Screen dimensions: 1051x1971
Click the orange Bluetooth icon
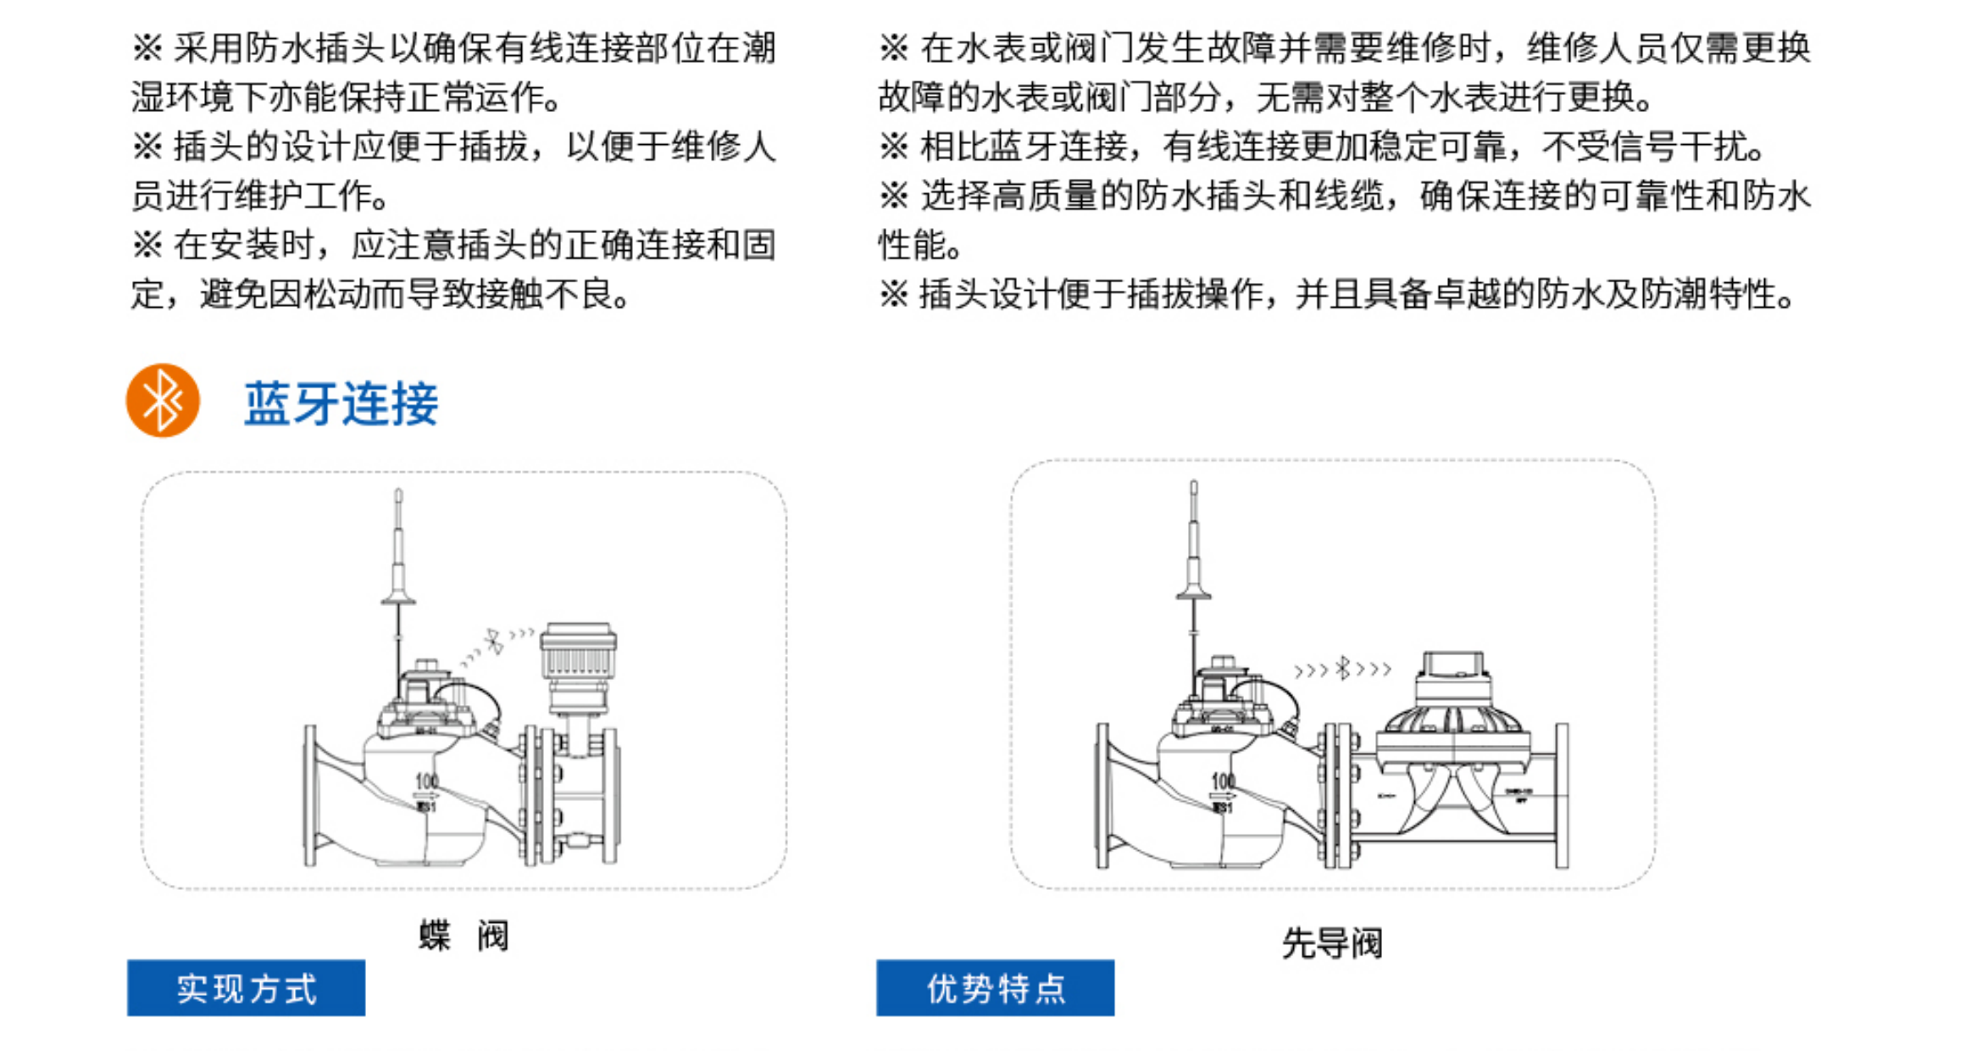point(163,401)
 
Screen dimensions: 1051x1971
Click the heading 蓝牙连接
point(341,403)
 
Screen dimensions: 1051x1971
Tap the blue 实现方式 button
point(246,987)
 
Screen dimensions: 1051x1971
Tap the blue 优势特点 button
point(995,987)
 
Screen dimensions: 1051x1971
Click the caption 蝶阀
point(464,936)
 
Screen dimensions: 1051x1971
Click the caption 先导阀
point(1331,943)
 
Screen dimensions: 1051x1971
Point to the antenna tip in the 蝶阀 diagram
point(398,493)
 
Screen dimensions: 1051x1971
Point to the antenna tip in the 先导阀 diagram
point(1193,486)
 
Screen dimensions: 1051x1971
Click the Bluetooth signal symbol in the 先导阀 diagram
point(1342,669)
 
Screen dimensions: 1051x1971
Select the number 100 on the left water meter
point(426,781)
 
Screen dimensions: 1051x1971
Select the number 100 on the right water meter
point(1222,781)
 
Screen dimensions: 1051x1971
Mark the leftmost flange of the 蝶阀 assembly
point(310,795)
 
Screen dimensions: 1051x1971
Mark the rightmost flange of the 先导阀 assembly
point(1561,795)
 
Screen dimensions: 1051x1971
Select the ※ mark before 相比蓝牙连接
point(893,147)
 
